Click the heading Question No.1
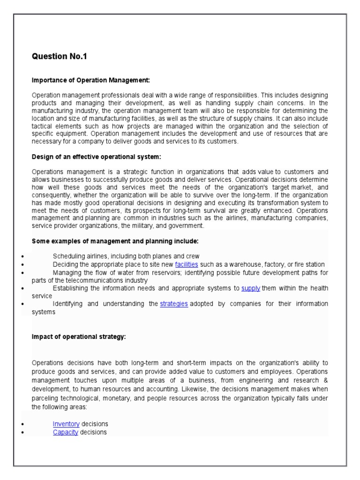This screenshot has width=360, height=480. click(60, 57)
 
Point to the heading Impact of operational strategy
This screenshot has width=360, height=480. click(79, 337)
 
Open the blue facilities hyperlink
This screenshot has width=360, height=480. click(187, 264)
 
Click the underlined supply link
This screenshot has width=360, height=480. click(251, 288)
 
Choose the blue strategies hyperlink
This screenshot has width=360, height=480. click(174, 304)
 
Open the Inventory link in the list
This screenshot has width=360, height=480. click(66, 424)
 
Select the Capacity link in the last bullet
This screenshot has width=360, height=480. click(66, 432)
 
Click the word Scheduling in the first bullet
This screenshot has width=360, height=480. click(67, 256)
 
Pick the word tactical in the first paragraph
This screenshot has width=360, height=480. click(43, 127)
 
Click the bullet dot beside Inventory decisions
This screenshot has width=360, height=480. click(23, 424)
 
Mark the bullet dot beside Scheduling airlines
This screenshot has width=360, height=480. click(23, 256)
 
